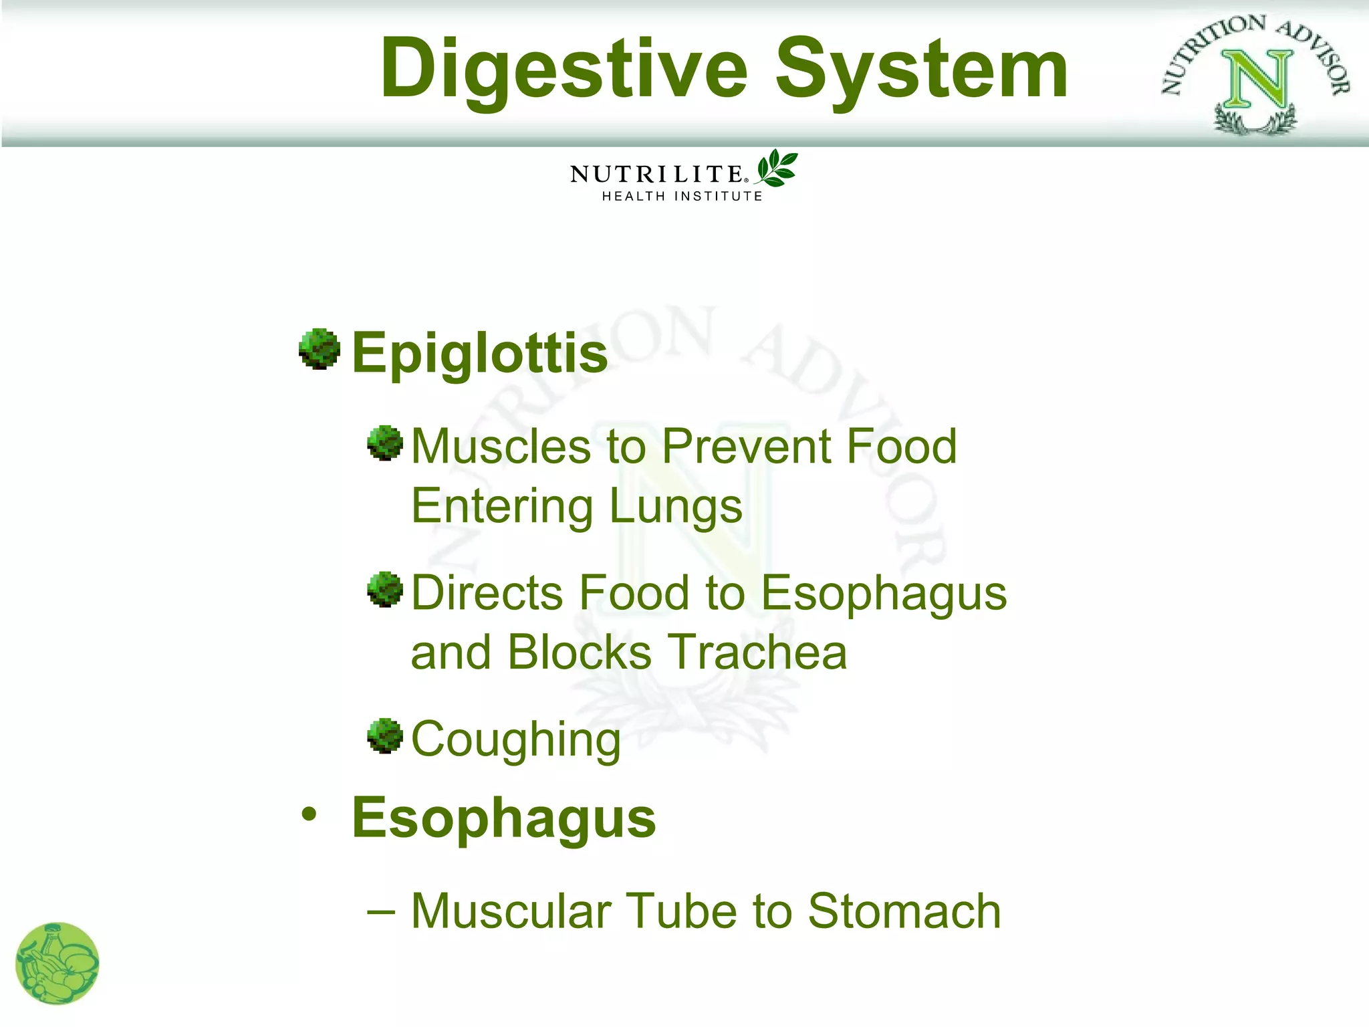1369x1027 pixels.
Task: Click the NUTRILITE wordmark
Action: [656, 175]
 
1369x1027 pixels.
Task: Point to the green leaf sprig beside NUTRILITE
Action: [775, 167]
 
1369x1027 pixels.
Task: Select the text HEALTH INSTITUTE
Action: [682, 196]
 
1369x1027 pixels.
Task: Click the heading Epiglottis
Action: [479, 352]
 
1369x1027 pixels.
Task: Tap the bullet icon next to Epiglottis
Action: [319, 348]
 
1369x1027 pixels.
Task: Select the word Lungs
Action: [675, 506]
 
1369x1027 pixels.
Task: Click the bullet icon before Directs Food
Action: [385, 589]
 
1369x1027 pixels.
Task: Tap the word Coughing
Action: [515, 739]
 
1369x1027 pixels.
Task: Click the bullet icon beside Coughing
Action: [385, 735]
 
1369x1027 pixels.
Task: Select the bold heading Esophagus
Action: [503, 818]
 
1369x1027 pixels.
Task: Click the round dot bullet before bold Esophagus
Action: [309, 814]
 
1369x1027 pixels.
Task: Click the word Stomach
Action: [904, 911]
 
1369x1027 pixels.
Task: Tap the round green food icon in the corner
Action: [57, 963]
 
